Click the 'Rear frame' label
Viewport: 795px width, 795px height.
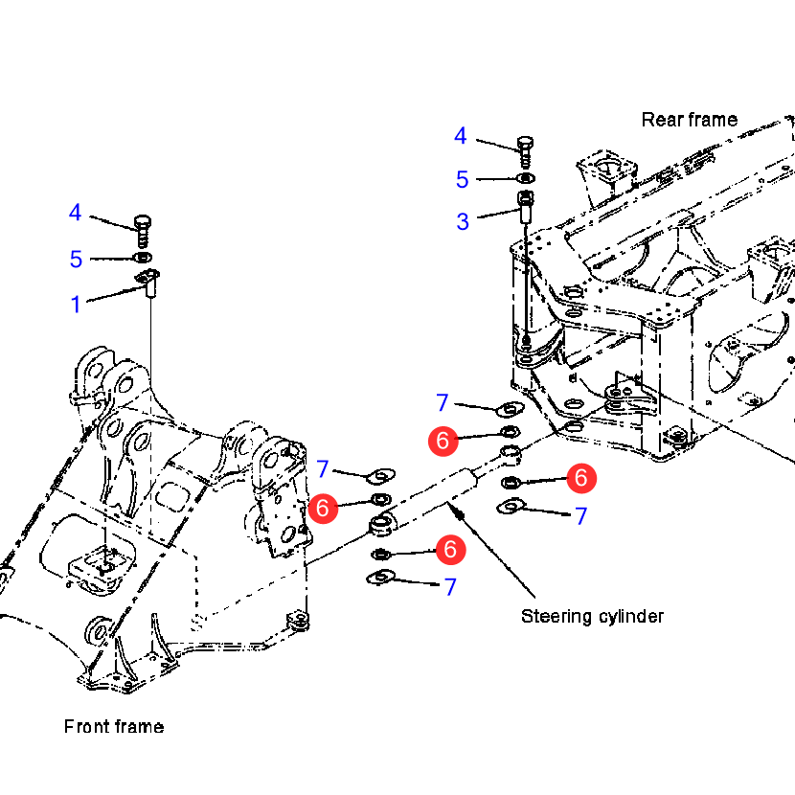pyautogui.click(x=689, y=120)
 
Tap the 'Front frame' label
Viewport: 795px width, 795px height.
pyautogui.click(x=113, y=727)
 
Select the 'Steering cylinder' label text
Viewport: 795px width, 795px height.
pyautogui.click(x=592, y=616)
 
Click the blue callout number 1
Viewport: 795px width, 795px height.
pyautogui.click(x=76, y=305)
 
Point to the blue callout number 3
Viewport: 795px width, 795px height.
pyautogui.click(x=463, y=222)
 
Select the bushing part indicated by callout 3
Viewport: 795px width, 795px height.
pyautogui.click(x=526, y=204)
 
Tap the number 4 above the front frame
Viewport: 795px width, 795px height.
pyautogui.click(x=76, y=214)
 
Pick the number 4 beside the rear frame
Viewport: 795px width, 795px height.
pyautogui.click(x=461, y=137)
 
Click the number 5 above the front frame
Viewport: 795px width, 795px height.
pyautogui.click(x=77, y=260)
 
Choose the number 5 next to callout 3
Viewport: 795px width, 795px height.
pyautogui.click(x=463, y=179)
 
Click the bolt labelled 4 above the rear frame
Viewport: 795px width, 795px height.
pyautogui.click(x=525, y=148)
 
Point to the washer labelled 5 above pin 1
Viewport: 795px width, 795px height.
pyautogui.click(x=143, y=258)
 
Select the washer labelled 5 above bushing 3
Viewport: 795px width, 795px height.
pyautogui.click(x=525, y=178)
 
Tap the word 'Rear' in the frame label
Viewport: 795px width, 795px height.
pyautogui.click(x=661, y=120)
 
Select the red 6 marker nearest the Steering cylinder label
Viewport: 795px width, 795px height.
pyautogui.click(x=451, y=550)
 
